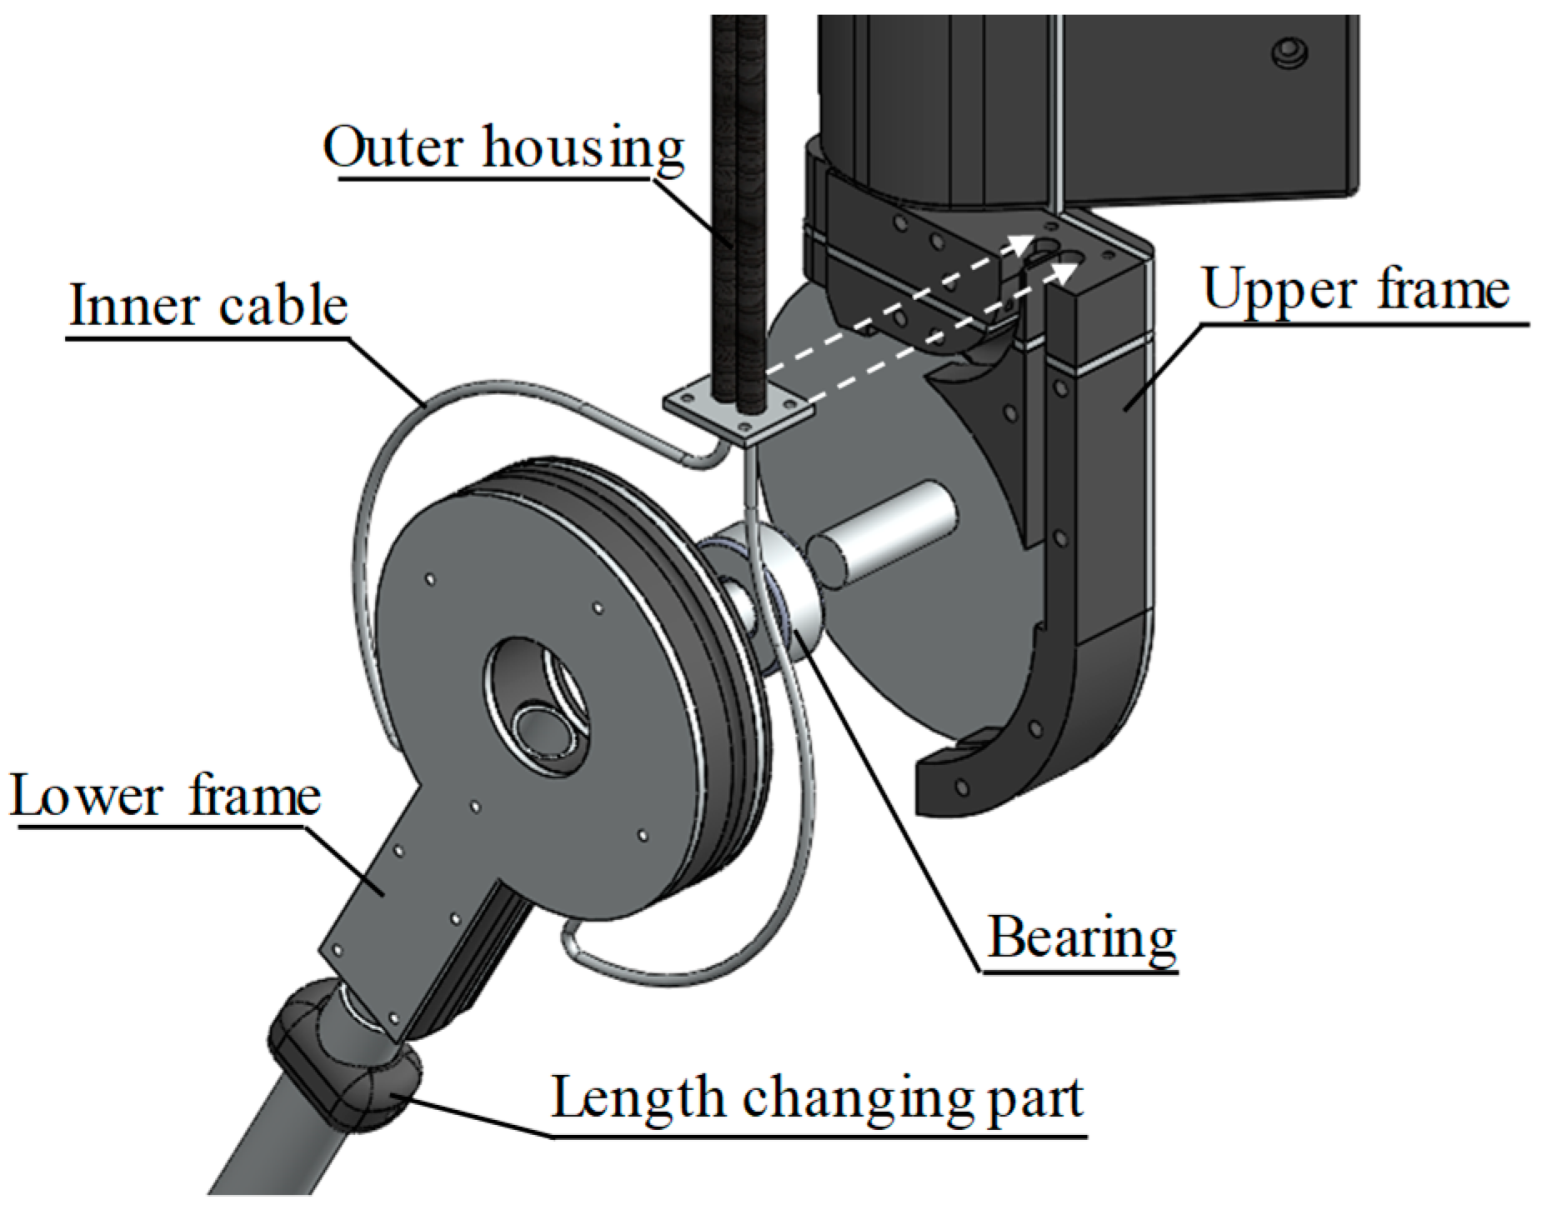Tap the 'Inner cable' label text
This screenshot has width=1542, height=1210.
click(208, 306)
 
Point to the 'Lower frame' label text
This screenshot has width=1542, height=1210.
click(165, 796)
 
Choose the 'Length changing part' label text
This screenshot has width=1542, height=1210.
click(817, 1098)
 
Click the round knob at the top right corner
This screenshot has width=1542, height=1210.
click(1289, 54)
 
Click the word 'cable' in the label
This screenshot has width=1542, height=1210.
click(283, 306)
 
